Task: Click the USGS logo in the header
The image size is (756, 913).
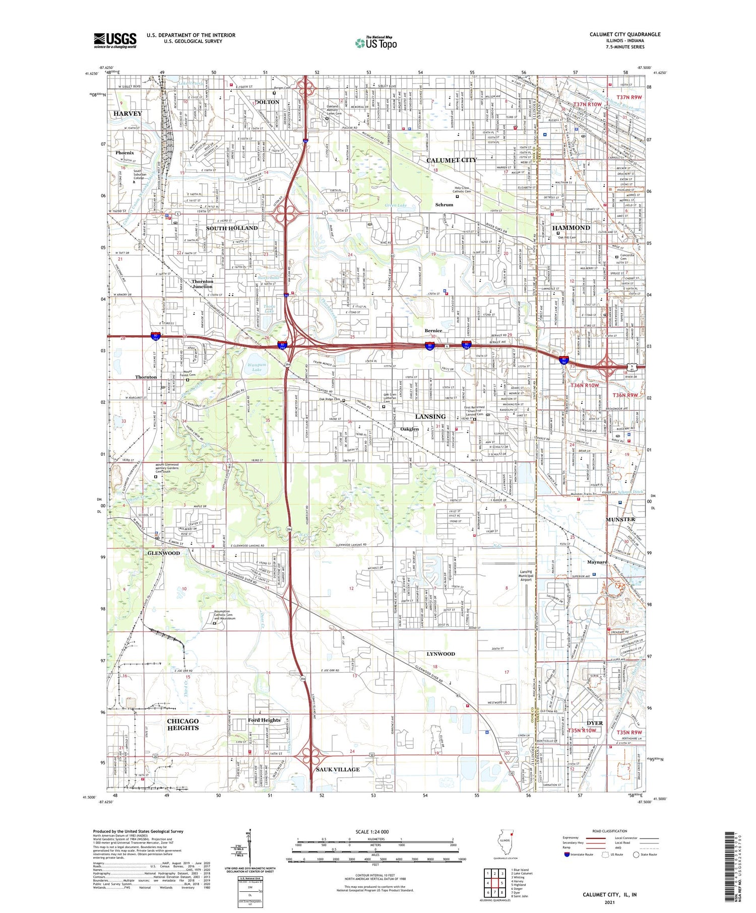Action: [x=115, y=40]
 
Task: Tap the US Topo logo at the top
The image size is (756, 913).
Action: [x=376, y=43]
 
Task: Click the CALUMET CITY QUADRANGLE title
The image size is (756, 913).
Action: [x=625, y=34]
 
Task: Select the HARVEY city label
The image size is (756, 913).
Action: [x=128, y=114]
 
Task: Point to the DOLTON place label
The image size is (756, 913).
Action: [x=267, y=102]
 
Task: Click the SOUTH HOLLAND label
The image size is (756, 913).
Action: [x=232, y=228]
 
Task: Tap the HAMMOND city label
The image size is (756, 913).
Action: [x=571, y=228]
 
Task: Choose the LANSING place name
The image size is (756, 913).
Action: [x=430, y=416]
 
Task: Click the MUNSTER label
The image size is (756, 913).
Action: [x=620, y=519]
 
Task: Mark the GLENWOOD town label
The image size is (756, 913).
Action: [x=164, y=553]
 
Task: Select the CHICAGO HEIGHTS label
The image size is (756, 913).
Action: [x=183, y=725]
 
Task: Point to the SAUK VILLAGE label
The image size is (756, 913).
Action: [x=338, y=769]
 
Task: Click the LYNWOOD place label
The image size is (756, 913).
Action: [x=440, y=654]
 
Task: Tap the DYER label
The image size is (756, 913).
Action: [x=595, y=723]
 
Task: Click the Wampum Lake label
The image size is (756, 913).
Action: [x=257, y=367]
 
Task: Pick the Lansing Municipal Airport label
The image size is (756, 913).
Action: [x=526, y=576]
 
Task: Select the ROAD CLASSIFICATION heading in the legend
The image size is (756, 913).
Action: [x=610, y=831]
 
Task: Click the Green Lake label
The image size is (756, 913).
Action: [x=396, y=205]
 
